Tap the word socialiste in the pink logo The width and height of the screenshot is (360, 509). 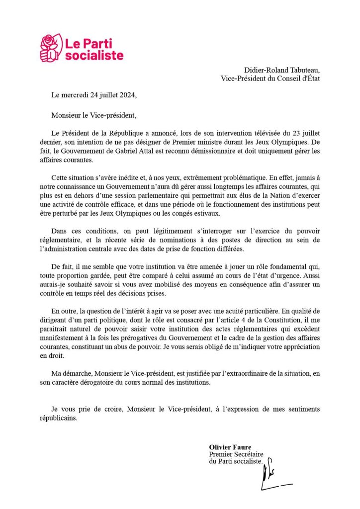(x=94, y=55)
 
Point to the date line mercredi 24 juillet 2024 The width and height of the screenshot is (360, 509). (x=93, y=94)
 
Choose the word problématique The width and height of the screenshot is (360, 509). (x=231, y=177)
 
